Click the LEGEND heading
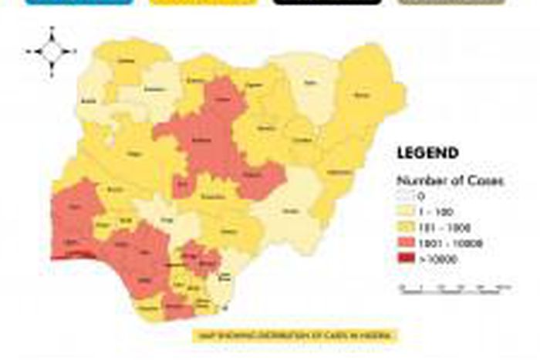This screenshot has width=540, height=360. coord(427,153)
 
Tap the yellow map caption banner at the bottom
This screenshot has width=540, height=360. coord(295,336)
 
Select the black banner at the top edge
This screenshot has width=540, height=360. coord(327,2)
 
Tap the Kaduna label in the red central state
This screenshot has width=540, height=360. coord(202,141)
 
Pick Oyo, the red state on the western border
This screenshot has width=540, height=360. coord(76,209)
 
